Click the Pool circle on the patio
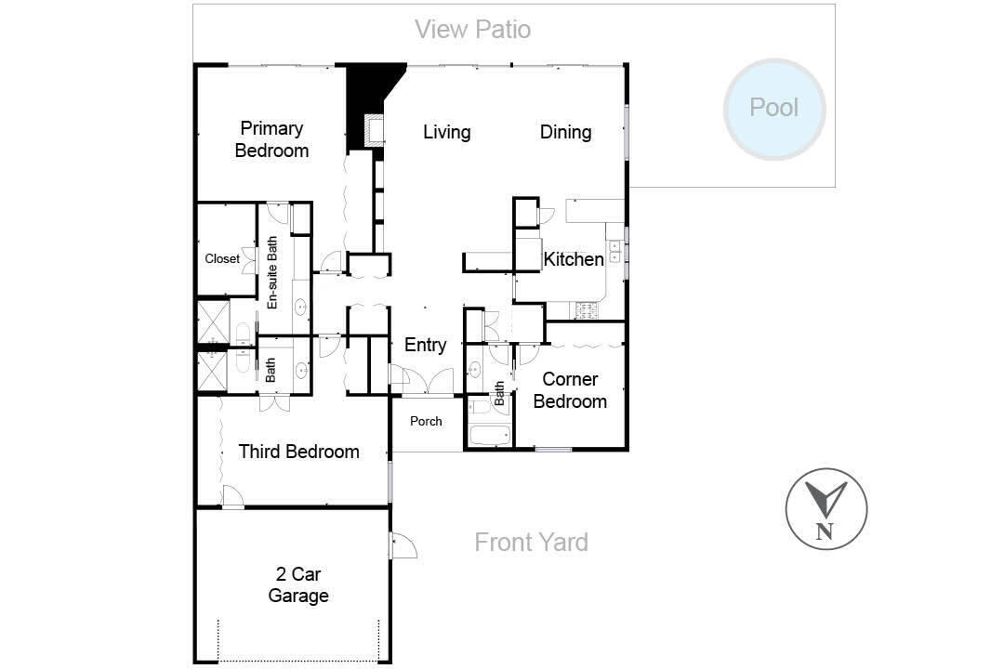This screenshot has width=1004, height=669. [774, 109]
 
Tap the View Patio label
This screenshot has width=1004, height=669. [472, 30]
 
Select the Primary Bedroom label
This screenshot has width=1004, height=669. [271, 139]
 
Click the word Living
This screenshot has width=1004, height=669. [447, 132]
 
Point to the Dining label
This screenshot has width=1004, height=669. [565, 132]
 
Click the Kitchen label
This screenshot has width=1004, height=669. [574, 259]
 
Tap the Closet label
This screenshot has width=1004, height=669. [222, 258]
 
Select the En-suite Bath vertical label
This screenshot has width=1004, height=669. [272, 273]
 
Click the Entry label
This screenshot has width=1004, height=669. [425, 345]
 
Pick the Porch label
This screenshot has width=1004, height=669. [426, 421]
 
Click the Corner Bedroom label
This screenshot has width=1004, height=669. [570, 390]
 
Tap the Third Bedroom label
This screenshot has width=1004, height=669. [298, 452]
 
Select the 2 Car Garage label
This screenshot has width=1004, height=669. [298, 584]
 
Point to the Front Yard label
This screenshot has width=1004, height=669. [531, 543]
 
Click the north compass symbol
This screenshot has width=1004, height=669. [826, 509]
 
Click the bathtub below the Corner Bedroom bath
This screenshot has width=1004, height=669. [490, 436]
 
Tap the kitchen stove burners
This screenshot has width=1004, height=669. [587, 310]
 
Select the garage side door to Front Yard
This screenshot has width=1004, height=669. [403, 544]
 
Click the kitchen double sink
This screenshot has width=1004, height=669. [615, 251]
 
